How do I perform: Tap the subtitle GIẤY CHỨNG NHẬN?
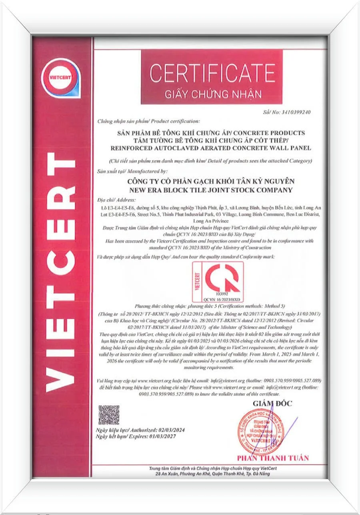[x=213, y=94]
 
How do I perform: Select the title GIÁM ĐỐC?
[x=272, y=403]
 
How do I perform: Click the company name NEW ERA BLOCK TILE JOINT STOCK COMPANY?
[x=209, y=190]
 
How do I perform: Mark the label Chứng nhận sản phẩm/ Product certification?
[x=148, y=120]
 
